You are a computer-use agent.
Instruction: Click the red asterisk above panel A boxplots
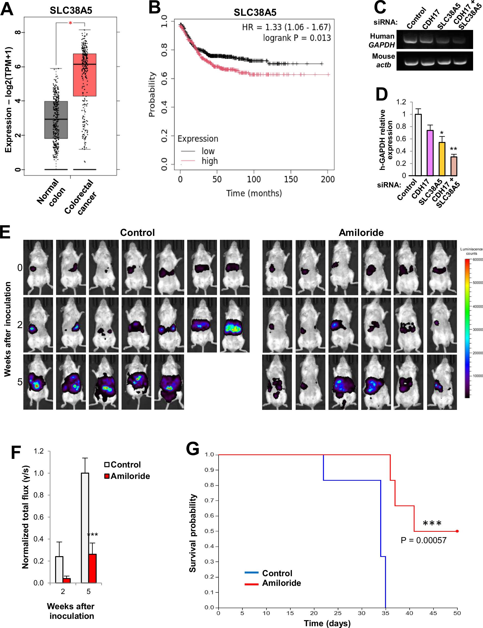70,23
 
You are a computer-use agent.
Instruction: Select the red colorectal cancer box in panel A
85,75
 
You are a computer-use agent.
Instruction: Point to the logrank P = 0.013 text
297,38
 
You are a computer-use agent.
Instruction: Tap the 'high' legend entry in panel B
209,161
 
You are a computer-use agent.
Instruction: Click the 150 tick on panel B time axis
291,180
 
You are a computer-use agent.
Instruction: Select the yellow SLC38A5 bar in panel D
442,159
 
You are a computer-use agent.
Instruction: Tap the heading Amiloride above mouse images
361,232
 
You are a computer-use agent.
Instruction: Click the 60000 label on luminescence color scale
477,259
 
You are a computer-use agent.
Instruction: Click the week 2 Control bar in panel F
59,570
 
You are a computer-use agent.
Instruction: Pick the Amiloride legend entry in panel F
130,476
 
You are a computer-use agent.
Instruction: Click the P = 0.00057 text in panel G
423,540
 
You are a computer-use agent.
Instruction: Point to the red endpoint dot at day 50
457,531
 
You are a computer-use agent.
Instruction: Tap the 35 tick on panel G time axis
385,613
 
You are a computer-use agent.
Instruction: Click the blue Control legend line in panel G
252,573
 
